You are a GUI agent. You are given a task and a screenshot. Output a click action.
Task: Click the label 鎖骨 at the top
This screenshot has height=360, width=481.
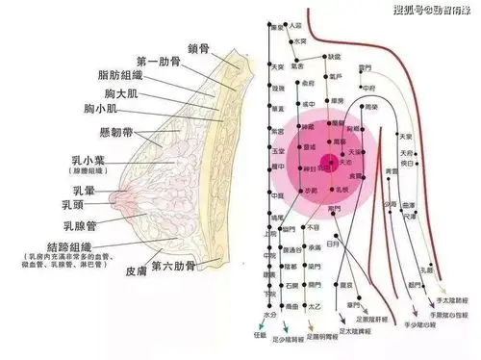pyautogui.click(x=198, y=47)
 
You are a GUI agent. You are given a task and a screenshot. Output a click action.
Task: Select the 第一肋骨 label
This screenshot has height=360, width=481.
pyautogui.click(x=160, y=63)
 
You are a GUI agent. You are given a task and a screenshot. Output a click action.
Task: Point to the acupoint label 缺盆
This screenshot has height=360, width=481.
pyautogui.click(x=334, y=57)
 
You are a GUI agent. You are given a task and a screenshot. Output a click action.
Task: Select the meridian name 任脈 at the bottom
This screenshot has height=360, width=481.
pyautogui.click(x=259, y=335)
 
